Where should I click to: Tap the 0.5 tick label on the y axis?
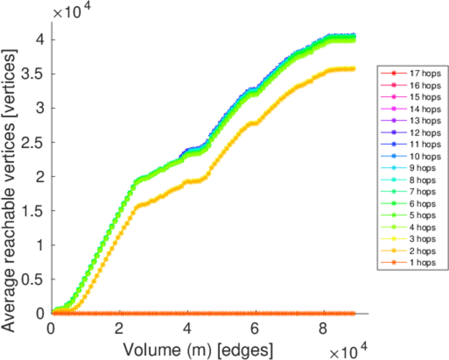pyautogui.click(x=34, y=280)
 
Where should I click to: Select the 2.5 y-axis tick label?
pyautogui.click(x=34, y=143)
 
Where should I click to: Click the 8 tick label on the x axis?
pyautogui.click(x=324, y=329)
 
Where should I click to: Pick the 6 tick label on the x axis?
pyautogui.click(x=256, y=329)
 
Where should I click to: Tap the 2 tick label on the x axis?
pyautogui.click(x=119, y=329)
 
